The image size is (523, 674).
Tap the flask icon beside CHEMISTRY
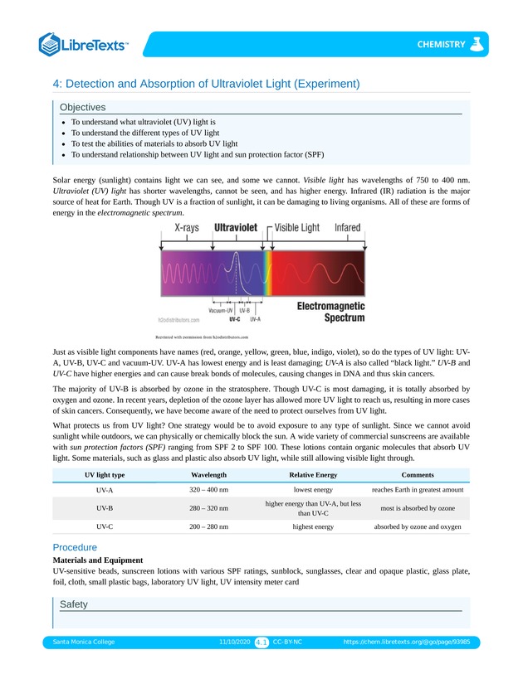click(476, 44)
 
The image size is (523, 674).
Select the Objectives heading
click(82, 107)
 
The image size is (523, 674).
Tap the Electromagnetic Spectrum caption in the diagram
click(331, 311)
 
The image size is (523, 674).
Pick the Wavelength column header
click(209, 474)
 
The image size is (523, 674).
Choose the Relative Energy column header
click(313, 474)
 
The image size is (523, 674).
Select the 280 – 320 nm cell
click(209, 507)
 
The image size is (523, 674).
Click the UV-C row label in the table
click(105, 526)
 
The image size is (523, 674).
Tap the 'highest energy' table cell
click(313, 526)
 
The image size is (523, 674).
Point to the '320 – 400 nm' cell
click(209, 490)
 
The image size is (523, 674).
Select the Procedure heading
click(75, 547)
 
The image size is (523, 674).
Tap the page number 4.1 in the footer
click(261, 642)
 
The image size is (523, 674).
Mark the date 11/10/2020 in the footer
click(234, 642)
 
